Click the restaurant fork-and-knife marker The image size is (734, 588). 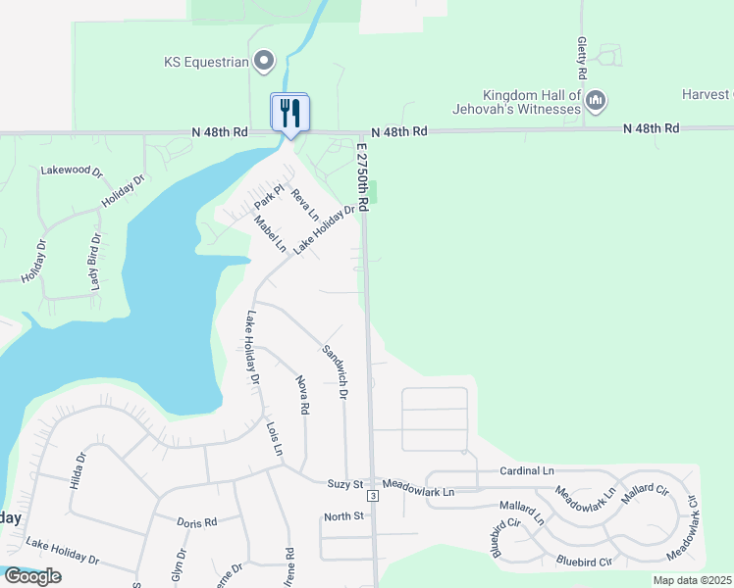coord(289,112)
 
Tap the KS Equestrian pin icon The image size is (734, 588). coord(263,62)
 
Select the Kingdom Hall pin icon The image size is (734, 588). coord(596,99)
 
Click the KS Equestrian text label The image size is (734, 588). coord(204,62)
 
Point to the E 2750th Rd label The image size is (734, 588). coord(362,175)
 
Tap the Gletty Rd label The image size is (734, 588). coord(582,60)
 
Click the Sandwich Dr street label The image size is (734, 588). coord(336,371)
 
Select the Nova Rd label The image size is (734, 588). coord(302,392)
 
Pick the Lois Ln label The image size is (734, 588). coord(274,438)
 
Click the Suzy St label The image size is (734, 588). coord(345,483)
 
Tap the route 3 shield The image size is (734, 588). coord(374,495)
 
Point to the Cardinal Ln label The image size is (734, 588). coord(527,471)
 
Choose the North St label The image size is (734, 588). coord(343,516)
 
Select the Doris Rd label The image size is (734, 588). coord(197,523)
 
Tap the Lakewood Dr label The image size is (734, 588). coord(72,171)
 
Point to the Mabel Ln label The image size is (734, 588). coord(269,235)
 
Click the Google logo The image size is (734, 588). coord(31,575)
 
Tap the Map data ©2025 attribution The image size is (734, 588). coord(692,580)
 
